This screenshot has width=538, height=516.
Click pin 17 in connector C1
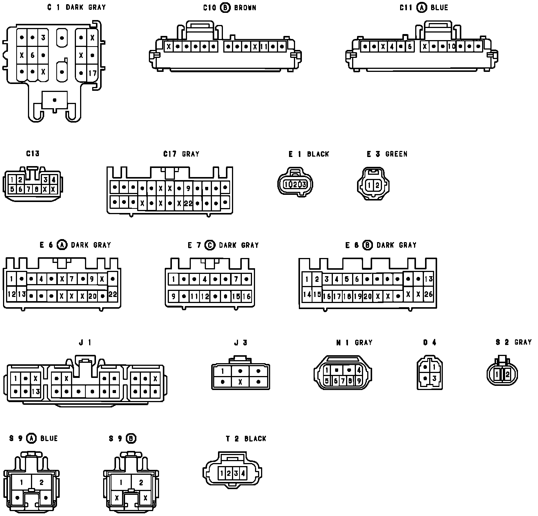click(93, 73)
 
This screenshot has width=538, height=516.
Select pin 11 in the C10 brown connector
click(264, 47)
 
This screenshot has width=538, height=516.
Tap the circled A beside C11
click(422, 7)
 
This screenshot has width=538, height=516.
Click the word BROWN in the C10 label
click(245, 8)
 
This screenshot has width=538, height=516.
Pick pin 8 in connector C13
click(36, 189)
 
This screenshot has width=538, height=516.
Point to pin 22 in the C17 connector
click(188, 203)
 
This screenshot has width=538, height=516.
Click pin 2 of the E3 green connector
click(377, 185)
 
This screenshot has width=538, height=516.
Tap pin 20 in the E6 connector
click(92, 296)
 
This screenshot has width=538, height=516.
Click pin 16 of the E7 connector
click(246, 297)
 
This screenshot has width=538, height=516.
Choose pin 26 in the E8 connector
click(428, 294)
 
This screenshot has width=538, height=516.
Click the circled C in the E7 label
click(209, 245)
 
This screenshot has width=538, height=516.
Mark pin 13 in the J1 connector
click(36, 392)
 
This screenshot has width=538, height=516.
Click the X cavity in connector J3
click(240, 382)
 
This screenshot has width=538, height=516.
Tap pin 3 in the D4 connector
click(434, 378)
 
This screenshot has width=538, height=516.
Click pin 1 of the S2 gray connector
click(498, 374)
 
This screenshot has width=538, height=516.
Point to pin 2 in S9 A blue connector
click(41, 482)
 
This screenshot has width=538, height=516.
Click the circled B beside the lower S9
click(131, 438)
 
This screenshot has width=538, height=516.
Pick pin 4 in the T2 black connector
click(243, 473)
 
